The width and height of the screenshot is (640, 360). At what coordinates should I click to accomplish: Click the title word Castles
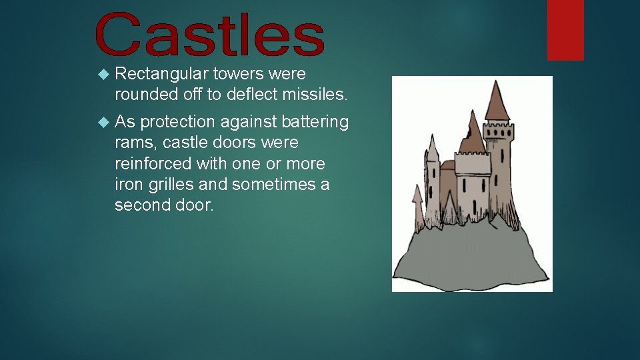tap(210, 35)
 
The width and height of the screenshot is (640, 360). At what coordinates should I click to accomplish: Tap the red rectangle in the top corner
tap(565, 29)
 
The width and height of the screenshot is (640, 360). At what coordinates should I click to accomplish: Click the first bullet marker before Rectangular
tap(102, 73)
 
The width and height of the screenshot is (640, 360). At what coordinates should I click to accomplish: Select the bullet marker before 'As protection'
tap(102, 122)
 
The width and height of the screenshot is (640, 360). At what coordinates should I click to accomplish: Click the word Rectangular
tap(161, 73)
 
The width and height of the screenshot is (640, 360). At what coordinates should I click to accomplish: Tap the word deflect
tap(251, 95)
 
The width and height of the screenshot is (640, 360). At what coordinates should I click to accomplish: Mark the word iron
tap(126, 184)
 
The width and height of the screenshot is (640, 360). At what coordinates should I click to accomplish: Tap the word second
tap(139, 205)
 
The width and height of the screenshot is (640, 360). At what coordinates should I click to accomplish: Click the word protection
tap(178, 122)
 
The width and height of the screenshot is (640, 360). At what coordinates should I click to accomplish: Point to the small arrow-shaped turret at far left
tap(418, 195)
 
